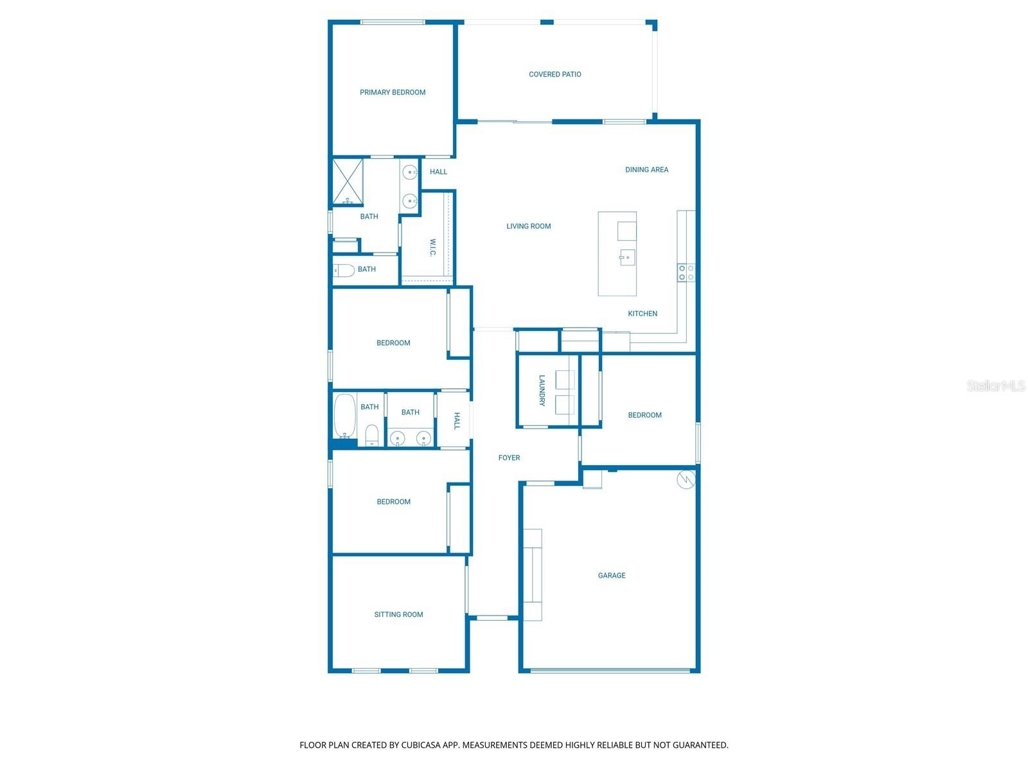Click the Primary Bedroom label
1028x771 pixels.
click(393, 93)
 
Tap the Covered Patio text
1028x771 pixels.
click(554, 75)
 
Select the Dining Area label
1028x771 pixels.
click(646, 170)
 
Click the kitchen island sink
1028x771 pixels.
click(627, 258)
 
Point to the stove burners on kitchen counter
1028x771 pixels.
click(686, 272)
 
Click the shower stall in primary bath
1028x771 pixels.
click(348, 182)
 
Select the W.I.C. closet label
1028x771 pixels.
click(433, 247)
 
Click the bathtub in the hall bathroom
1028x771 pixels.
click(345, 416)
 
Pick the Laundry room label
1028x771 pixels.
click(542, 391)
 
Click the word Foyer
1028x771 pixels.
click(509, 458)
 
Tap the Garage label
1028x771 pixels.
click(611, 576)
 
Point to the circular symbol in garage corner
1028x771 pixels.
click(686, 480)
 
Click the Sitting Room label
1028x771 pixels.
click(398, 615)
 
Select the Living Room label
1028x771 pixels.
click(528, 226)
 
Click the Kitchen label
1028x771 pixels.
click(642, 314)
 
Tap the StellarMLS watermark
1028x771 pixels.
click(995, 386)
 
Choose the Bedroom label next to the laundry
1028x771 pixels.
click(644, 415)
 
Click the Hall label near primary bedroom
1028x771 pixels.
click(438, 172)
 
